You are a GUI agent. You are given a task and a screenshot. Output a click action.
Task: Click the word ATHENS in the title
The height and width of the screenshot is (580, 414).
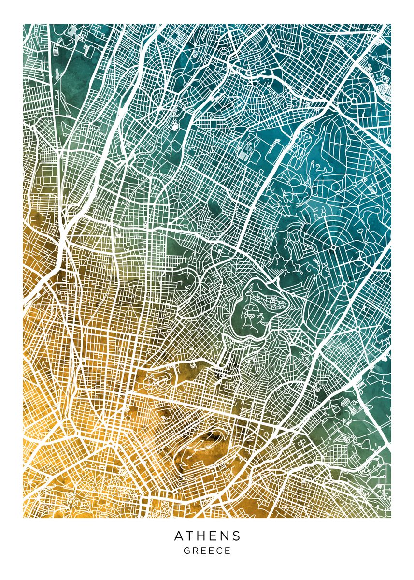click(207, 536)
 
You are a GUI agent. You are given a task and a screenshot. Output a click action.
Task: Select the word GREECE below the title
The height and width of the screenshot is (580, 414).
click(207, 551)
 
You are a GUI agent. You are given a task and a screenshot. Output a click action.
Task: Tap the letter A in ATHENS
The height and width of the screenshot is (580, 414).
click(179, 536)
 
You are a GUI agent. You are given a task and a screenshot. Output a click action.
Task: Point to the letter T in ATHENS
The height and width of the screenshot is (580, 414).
click(190, 536)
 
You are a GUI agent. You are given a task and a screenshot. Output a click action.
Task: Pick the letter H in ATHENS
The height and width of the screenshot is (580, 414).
click(201, 536)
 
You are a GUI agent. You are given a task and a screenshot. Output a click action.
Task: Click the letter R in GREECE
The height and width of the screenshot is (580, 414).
click(195, 551)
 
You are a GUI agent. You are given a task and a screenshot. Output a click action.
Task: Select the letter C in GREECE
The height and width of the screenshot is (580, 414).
click(219, 551)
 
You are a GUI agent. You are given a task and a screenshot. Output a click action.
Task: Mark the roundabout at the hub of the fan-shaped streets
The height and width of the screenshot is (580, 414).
click(333, 248)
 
